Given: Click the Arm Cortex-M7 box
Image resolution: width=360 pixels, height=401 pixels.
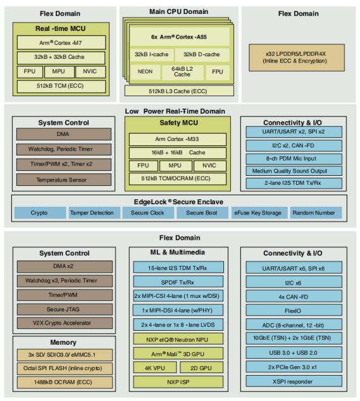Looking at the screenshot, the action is [x=61, y=42].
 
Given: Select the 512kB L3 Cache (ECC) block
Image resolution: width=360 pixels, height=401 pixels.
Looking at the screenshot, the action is [x=179, y=91].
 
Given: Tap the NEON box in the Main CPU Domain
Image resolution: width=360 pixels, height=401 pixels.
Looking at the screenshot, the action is [x=145, y=72].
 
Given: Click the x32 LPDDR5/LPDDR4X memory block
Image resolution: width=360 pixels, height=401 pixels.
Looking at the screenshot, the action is [x=297, y=58].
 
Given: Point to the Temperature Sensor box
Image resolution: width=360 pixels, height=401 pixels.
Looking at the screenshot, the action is [x=64, y=180].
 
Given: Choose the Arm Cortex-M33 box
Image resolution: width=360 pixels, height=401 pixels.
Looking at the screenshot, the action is [x=178, y=139].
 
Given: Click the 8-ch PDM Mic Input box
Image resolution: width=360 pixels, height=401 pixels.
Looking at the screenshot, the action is [x=294, y=159].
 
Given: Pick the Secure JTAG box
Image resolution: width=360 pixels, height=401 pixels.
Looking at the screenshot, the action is [x=65, y=309].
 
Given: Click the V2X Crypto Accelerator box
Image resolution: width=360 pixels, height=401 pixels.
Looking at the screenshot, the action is [x=65, y=323].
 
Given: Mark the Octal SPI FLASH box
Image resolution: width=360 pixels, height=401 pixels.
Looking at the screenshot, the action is [x=65, y=368].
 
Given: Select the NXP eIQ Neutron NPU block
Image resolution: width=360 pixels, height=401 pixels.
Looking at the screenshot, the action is [x=178, y=339].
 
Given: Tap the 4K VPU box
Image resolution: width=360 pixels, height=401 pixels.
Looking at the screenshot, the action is [x=155, y=367].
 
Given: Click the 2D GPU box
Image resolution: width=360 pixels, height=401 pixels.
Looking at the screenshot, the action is [x=201, y=367].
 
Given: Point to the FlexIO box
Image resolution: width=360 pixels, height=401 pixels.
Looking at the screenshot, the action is [x=294, y=311].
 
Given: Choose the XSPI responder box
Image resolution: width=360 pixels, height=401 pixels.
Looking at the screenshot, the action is [x=294, y=381].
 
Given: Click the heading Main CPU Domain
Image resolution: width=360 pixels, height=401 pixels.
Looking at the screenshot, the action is [x=179, y=12].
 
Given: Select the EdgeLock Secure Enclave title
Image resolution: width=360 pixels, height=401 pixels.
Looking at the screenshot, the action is [x=179, y=202].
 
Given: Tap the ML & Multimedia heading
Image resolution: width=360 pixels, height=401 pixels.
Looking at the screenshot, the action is [x=178, y=252].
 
